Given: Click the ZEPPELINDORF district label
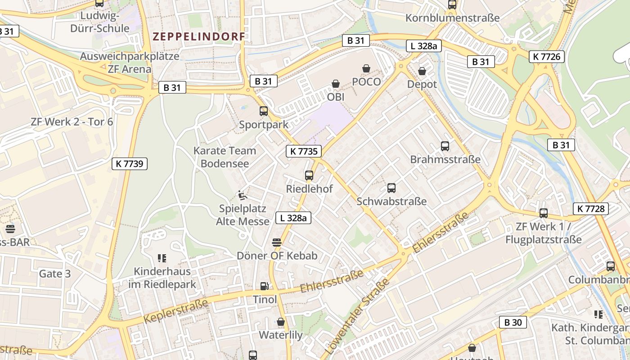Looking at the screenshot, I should point(199,36).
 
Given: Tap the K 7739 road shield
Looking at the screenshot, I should point(130,164).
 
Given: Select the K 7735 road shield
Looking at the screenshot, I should point(304,151).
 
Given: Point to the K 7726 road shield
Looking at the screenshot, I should point(547,56).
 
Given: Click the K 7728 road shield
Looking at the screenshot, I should point(590,208).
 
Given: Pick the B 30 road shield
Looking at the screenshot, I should point(513,322).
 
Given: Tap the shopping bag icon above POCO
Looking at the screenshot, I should point(366,68).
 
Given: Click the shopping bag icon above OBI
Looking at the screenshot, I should point(335,84).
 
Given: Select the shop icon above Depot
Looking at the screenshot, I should point(422,71).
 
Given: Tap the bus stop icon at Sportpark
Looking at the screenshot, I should point(264,111).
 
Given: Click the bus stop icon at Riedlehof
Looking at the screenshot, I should point(309,175).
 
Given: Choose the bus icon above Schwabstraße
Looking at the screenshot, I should point(391,188).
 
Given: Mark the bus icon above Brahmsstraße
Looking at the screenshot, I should point(445,146).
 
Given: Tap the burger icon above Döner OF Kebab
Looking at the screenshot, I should point(277,243).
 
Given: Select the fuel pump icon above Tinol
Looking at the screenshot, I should point(265,286).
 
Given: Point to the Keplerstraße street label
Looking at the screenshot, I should point(176,311).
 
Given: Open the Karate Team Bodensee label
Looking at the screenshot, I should point(225,157).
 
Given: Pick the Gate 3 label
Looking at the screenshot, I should point(55,274).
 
